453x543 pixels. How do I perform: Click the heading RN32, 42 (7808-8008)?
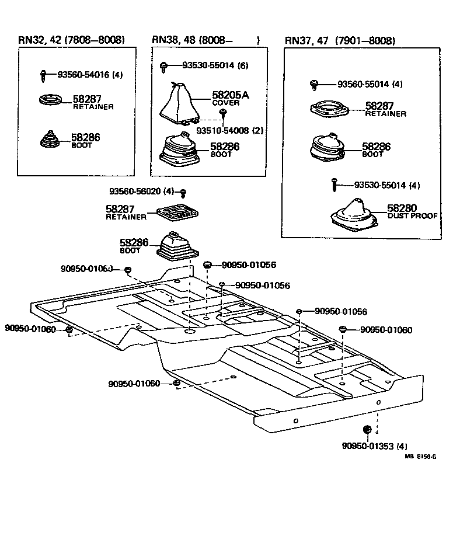tap(71, 40)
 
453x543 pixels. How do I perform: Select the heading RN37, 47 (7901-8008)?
tap(340, 41)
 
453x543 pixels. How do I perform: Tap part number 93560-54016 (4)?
tap(90, 75)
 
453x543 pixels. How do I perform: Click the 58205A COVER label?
tap(229, 98)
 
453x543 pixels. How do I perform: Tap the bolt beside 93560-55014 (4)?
tap(313, 84)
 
